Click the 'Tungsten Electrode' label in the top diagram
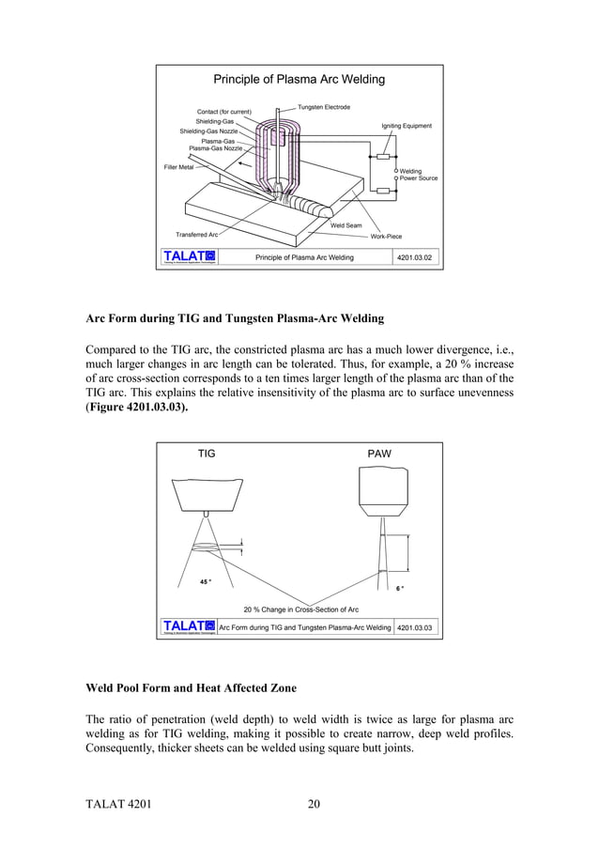click(x=324, y=108)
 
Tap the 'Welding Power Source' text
click(x=419, y=175)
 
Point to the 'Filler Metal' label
click(x=178, y=167)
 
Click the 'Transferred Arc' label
click(x=196, y=234)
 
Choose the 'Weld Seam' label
click(x=346, y=225)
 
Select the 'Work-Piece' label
click(x=386, y=237)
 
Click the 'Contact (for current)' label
click(x=223, y=113)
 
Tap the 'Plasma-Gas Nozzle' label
click(x=215, y=148)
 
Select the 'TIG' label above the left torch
click(x=207, y=454)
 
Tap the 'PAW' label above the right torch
click(x=379, y=454)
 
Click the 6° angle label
click(x=400, y=589)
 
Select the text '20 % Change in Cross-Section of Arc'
click(x=300, y=609)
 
